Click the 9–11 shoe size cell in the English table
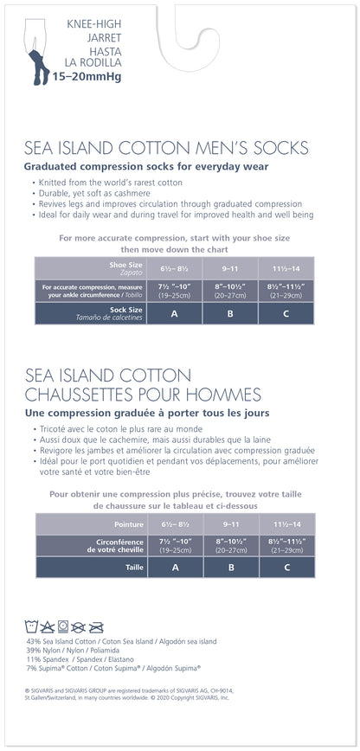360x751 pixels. (x=229, y=267)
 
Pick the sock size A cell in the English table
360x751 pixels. (x=175, y=313)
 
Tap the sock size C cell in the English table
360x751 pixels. (x=286, y=313)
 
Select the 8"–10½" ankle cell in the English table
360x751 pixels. (x=229, y=289)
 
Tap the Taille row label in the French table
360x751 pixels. (x=134, y=567)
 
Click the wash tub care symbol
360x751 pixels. (x=34, y=626)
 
